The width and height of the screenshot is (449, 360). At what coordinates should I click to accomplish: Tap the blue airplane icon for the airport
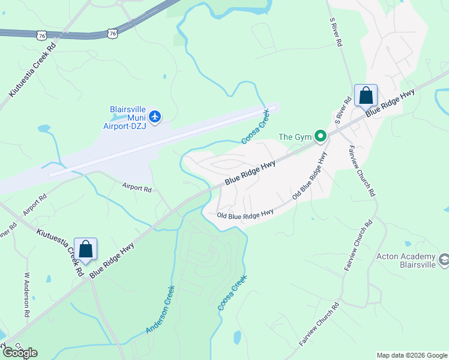[155, 116]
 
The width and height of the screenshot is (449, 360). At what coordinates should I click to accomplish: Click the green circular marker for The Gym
[321, 137]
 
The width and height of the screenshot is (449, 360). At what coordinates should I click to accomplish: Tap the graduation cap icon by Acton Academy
[444, 260]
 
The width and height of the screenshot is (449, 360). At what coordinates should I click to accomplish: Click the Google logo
[20, 353]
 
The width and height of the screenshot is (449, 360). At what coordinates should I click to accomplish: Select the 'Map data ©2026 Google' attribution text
[412, 355]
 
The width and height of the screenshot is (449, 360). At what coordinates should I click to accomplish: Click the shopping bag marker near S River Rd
[366, 96]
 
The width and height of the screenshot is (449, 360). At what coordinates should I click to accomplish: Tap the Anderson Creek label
[159, 310]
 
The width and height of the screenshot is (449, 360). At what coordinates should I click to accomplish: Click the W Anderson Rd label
[27, 296]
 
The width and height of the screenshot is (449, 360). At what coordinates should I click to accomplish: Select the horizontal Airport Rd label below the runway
[137, 188]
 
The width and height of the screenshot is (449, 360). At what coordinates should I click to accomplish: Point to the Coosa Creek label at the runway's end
[255, 127]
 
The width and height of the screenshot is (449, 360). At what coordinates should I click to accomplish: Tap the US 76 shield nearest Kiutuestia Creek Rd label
[41, 36]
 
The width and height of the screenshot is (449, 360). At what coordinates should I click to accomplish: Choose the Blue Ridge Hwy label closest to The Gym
[250, 172]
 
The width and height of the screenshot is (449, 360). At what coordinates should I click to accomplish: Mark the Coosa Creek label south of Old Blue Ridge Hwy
[232, 292]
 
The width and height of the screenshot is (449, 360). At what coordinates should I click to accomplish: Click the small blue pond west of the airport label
[44, 128]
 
